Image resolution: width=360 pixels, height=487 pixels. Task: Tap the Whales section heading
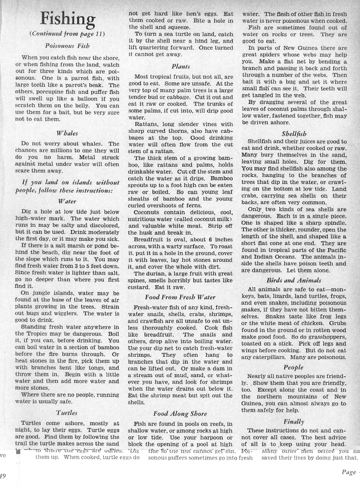click(x=67, y=133)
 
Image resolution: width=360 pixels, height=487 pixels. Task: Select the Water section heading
click(x=67, y=201)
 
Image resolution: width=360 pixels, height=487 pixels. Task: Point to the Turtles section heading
click(x=67, y=413)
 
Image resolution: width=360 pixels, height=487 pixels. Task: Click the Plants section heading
click(x=181, y=66)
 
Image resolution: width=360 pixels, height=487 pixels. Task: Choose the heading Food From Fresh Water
click(x=180, y=297)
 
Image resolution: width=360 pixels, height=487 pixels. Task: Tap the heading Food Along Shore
click(x=180, y=414)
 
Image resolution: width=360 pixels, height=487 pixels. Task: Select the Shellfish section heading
click(x=294, y=134)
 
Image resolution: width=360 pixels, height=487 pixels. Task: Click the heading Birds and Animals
click(x=294, y=280)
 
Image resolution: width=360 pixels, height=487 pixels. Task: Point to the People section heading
click(x=294, y=367)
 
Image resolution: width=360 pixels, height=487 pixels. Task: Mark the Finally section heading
click(x=294, y=421)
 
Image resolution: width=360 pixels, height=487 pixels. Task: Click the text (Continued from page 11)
click(x=67, y=33)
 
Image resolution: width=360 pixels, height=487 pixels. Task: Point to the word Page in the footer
click(x=348, y=472)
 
